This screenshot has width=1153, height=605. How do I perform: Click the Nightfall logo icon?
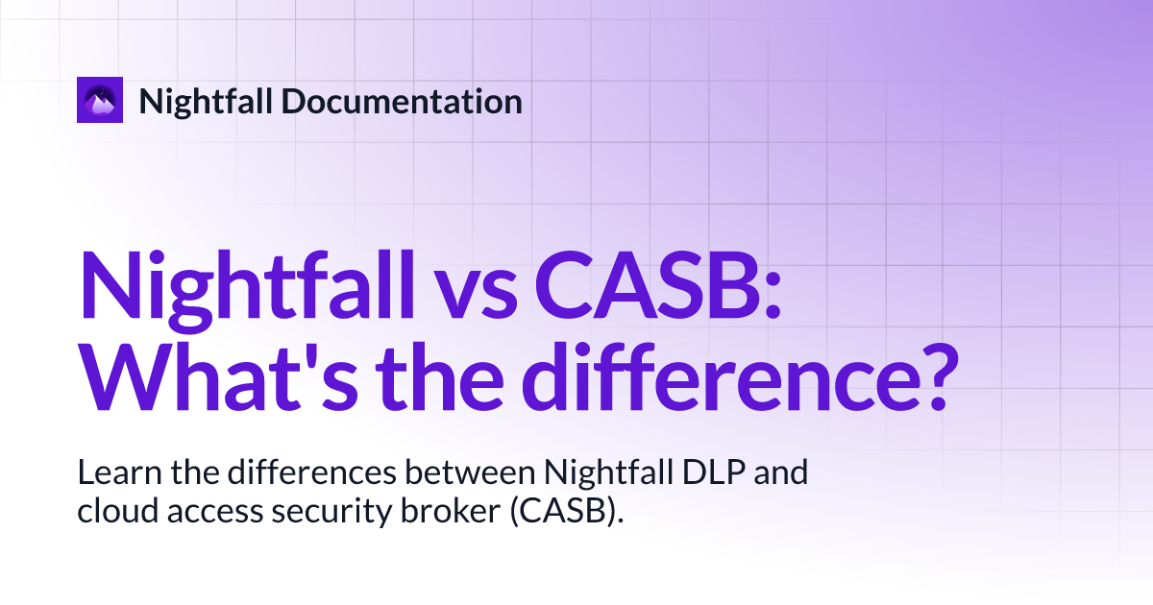point(100,100)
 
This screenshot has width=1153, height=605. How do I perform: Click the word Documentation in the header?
point(402,102)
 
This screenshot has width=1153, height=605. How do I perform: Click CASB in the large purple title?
point(648,285)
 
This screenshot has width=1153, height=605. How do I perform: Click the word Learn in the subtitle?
point(119,472)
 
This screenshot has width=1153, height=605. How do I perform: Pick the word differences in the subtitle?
point(312,472)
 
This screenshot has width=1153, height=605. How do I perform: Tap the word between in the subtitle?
point(470,472)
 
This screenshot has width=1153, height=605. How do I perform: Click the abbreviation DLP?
point(713,472)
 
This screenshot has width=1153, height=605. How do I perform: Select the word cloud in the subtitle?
point(117,511)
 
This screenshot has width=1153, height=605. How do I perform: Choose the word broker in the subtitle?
point(451,511)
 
